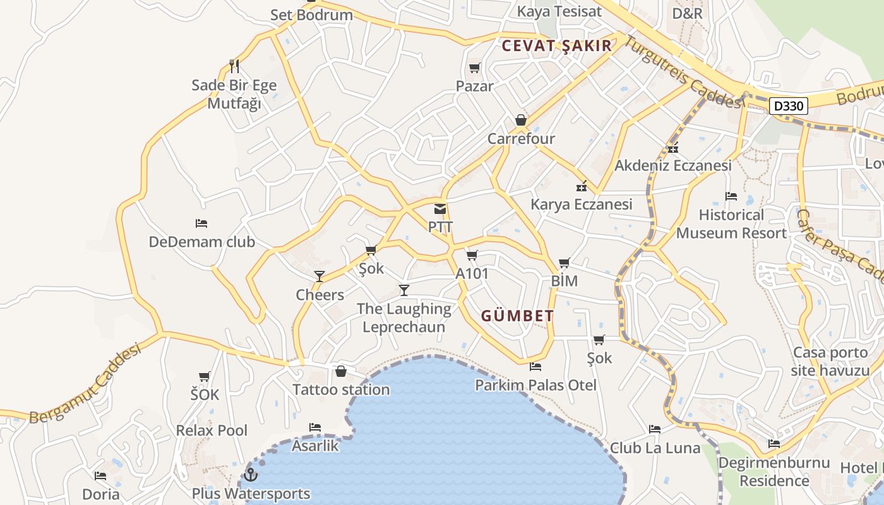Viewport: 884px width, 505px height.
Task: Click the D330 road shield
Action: pos(789,105)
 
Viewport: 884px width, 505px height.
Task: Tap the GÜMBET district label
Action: pos(518,316)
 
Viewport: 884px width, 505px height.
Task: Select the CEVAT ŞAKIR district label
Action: pos(557,45)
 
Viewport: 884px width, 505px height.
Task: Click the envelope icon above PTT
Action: pos(440,209)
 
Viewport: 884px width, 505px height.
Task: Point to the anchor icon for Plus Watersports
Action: pos(251,475)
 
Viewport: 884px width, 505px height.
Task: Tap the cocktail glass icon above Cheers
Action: pos(320,276)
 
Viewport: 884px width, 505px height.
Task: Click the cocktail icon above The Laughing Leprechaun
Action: pos(404,290)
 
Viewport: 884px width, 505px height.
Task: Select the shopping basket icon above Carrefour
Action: pos(521,120)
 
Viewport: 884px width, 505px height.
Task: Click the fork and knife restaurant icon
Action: pos(234,66)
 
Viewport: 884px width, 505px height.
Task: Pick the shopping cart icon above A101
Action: pos(472,255)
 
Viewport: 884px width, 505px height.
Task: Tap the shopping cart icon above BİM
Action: pos(564,263)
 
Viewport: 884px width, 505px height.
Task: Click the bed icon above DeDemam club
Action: pos(201,223)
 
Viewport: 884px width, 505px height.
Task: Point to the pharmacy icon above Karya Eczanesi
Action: pos(582,186)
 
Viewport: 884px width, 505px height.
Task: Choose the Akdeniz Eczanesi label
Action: pos(673,165)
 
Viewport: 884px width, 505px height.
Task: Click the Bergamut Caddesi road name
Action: pos(85,385)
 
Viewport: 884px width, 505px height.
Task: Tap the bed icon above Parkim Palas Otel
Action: pos(535,366)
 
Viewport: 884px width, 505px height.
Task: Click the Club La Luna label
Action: pos(655,448)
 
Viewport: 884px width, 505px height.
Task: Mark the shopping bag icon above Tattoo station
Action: pos(341,371)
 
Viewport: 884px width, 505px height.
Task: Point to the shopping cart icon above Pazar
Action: pos(474,68)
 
